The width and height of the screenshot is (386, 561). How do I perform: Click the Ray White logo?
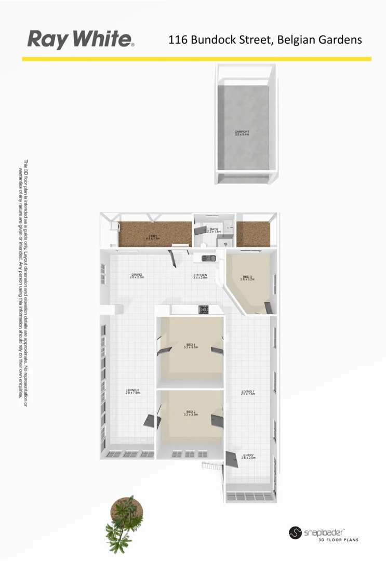[x=81, y=39]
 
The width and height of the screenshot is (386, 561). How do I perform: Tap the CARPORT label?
[x=242, y=132]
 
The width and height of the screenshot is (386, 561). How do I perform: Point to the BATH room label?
[x=214, y=229]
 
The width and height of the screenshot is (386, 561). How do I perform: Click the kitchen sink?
[x=209, y=257]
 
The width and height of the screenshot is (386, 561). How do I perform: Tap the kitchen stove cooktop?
[x=204, y=310]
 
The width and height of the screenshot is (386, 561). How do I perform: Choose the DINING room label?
[x=137, y=275]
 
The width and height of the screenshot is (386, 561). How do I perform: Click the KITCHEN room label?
[x=201, y=275]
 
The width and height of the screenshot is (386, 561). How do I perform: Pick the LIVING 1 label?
[x=248, y=392]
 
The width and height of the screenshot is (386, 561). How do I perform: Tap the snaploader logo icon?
[x=295, y=533]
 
